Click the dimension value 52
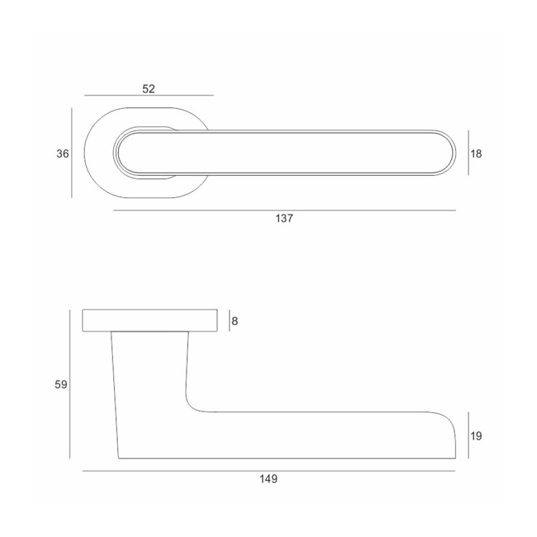(x=149, y=89)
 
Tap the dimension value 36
(x=62, y=153)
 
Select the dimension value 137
(x=284, y=218)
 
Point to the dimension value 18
(x=476, y=153)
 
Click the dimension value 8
(x=234, y=321)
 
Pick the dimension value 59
(x=61, y=384)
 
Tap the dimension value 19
(x=476, y=436)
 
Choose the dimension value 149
(x=268, y=479)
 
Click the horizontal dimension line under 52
(x=149, y=95)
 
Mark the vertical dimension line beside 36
(x=72, y=153)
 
